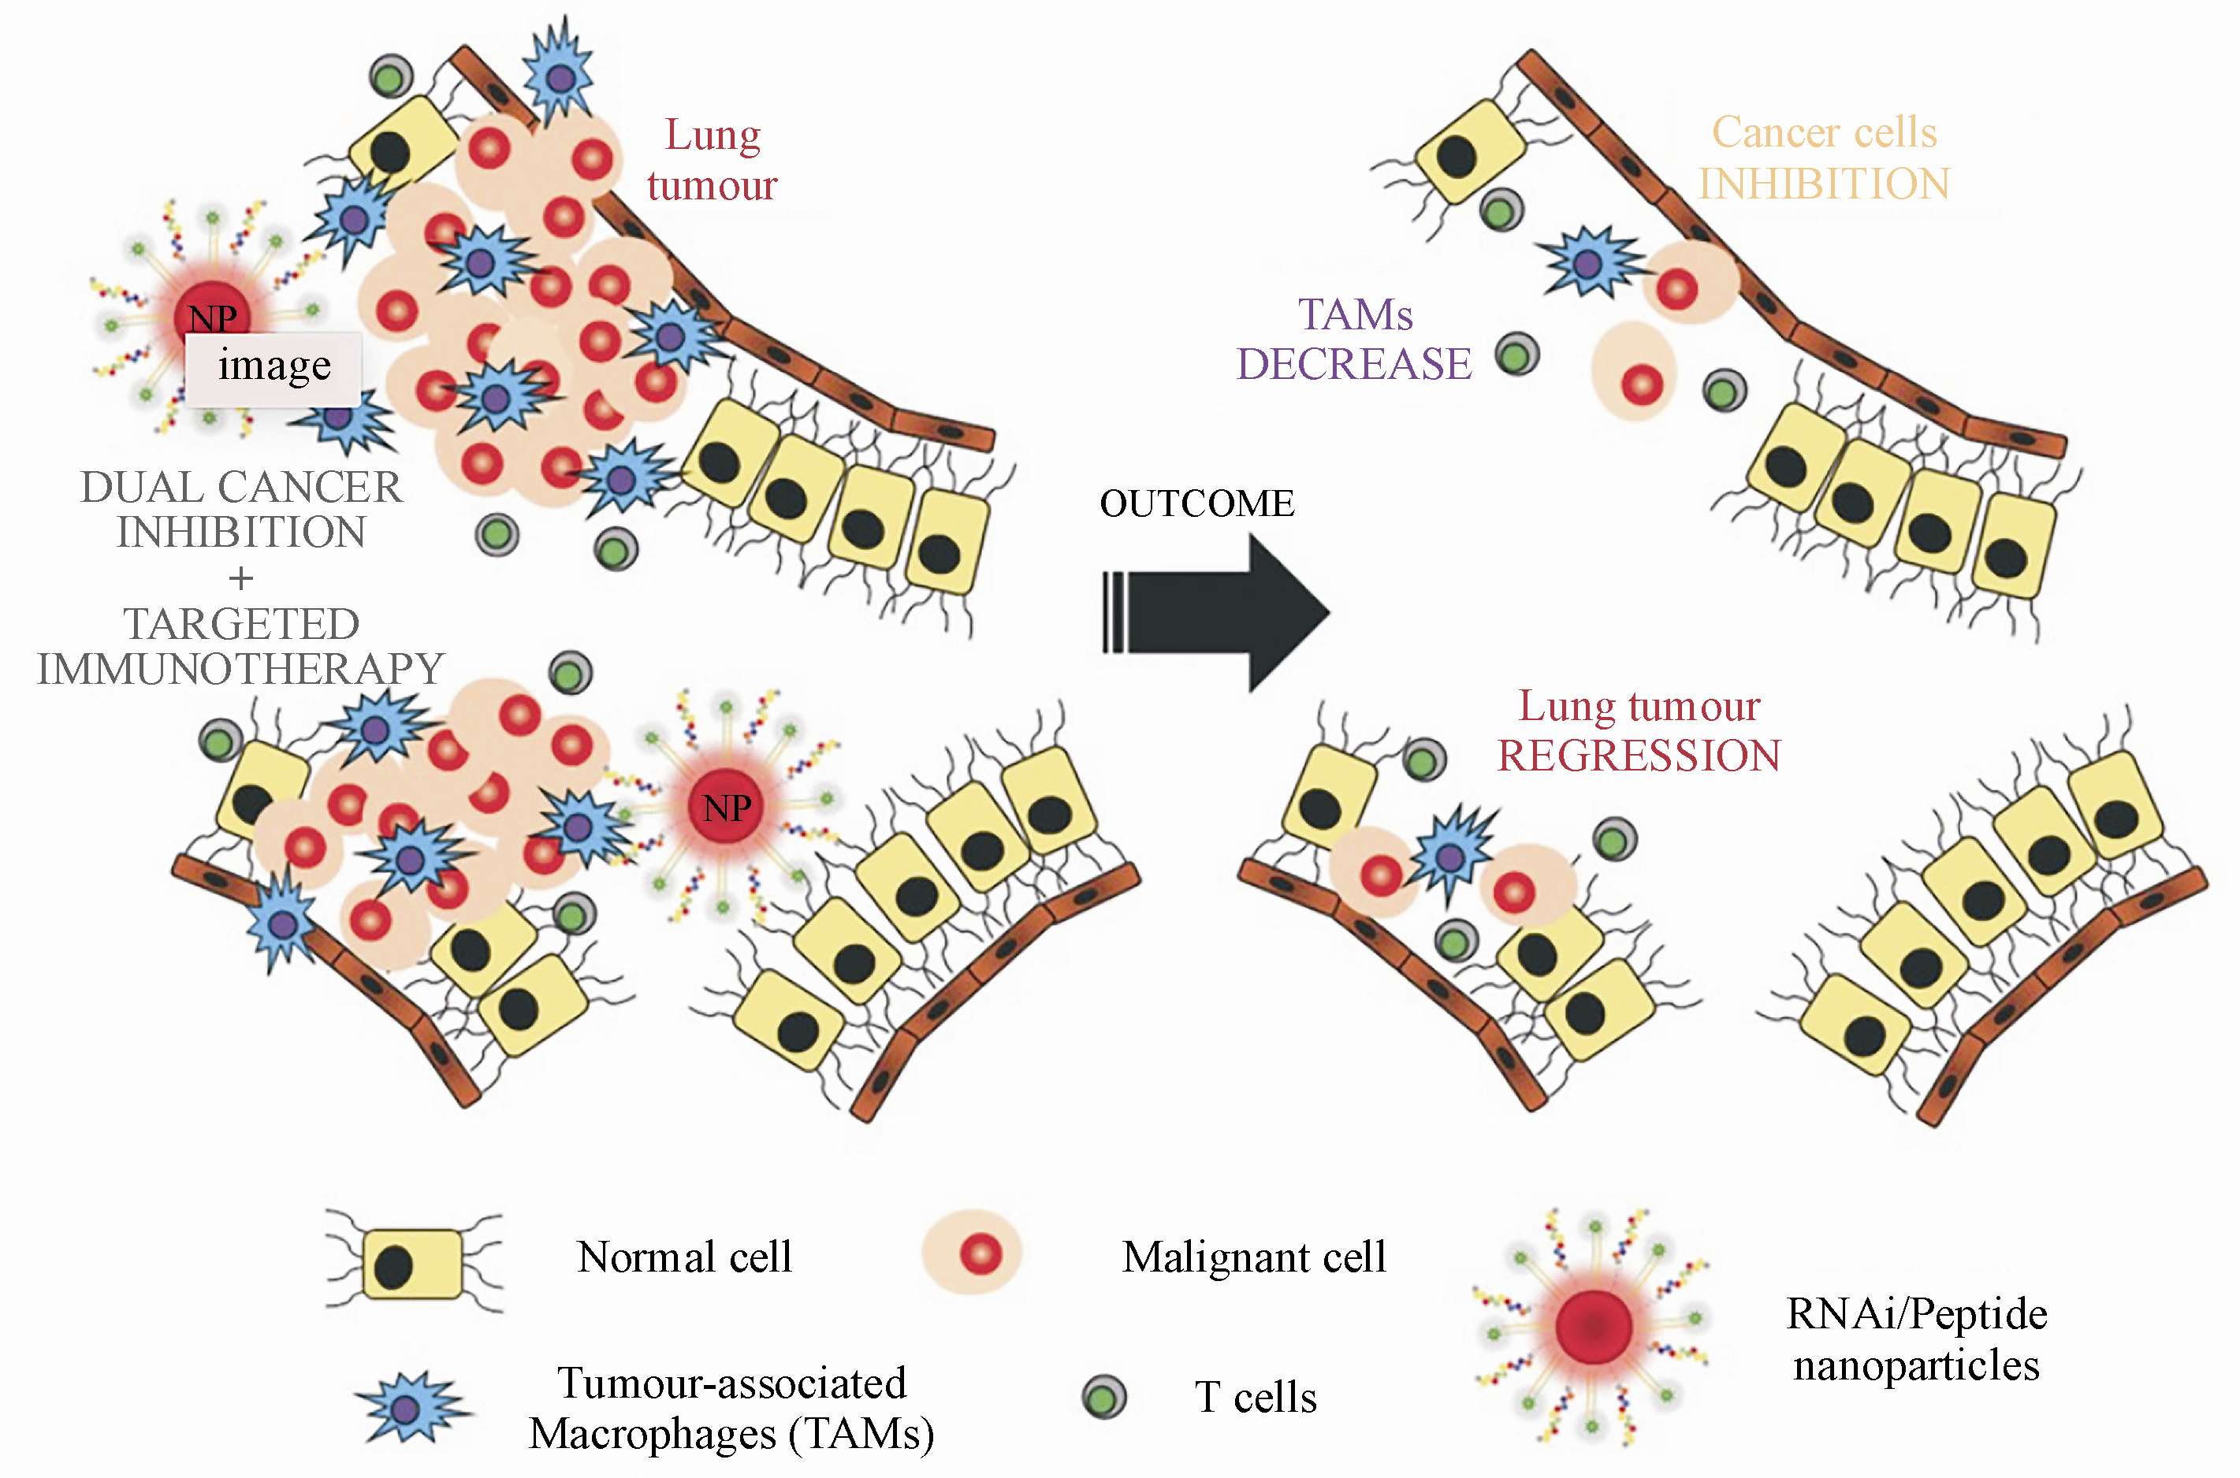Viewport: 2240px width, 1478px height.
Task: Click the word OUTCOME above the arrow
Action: pyautogui.click(x=1196, y=504)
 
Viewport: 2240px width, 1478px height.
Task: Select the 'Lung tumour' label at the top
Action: pyautogui.click(x=713, y=160)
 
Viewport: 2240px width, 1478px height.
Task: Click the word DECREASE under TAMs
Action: pyautogui.click(x=1354, y=365)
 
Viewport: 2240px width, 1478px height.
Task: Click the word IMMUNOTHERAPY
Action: pyautogui.click(x=240, y=669)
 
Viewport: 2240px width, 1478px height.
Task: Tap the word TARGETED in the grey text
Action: pyautogui.click(x=241, y=624)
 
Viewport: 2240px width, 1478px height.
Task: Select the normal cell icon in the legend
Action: pyautogui.click(x=413, y=1264)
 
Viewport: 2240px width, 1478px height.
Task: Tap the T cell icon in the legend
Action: pyautogui.click(x=1104, y=1397)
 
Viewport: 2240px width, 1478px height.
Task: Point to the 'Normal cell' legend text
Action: pyautogui.click(x=684, y=1257)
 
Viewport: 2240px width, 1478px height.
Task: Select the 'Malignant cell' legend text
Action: pyautogui.click(x=1254, y=1257)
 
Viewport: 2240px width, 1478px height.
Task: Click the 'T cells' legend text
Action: pyautogui.click(x=1256, y=1397)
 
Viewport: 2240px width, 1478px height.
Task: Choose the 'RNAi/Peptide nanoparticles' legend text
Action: pyautogui.click(x=1917, y=1339)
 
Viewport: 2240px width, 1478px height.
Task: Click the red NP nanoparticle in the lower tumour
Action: pyautogui.click(x=726, y=808)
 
